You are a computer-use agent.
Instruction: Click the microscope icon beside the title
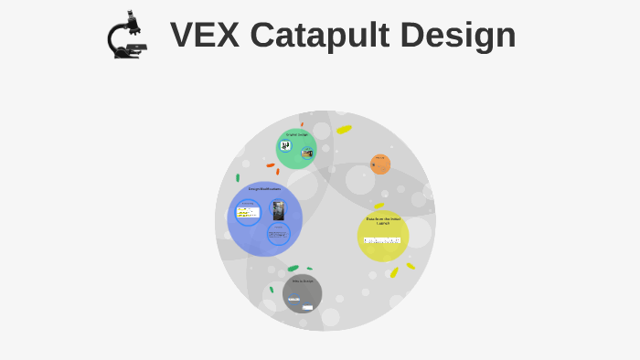pos(127,36)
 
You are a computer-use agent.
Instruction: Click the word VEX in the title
pos(204,36)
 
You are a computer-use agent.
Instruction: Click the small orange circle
pos(380,164)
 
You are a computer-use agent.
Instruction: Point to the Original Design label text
pos(296,135)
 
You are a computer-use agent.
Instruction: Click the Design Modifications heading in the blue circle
pos(264,189)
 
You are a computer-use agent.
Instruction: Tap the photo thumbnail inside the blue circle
pos(278,210)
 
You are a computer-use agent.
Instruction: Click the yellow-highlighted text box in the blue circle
pos(248,213)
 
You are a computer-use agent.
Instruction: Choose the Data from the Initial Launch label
pos(383,220)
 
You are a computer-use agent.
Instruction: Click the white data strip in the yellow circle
pos(382,240)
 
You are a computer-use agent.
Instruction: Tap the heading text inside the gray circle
pos(302,281)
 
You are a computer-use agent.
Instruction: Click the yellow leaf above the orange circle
pos(344,130)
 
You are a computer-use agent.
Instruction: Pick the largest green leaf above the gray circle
pos(293,269)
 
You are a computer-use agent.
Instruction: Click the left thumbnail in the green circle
pos(285,146)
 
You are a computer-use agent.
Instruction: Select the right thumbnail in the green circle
pos(307,153)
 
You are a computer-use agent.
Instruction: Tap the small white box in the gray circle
pos(307,308)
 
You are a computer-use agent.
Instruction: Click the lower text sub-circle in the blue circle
pos(278,234)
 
